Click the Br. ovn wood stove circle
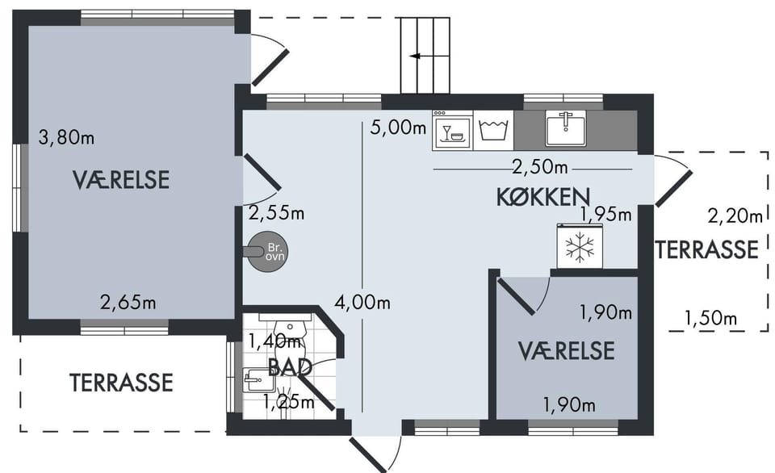pyautogui.click(x=267, y=252)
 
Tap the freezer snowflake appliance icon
pyautogui.click(x=580, y=245)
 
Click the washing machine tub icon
pyautogui.click(x=493, y=130)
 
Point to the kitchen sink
pyautogui.click(x=565, y=128)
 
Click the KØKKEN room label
pyautogui.click(x=543, y=197)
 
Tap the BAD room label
pyautogui.click(x=290, y=367)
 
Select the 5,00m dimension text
pyautogui.click(x=398, y=128)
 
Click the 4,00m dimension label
pyautogui.click(x=362, y=302)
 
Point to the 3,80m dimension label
pyautogui.click(x=66, y=137)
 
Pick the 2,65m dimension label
pyautogui.click(x=128, y=302)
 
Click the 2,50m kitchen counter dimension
pyautogui.click(x=540, y=167)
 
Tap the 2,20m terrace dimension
pyautogui.click(x=735, y=216)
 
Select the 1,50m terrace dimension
pyautogui.click(x=710, y=318)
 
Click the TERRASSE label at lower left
pyautogui.click(x=121, y=383)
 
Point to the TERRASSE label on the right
pyautogui.click(x=707, y=249)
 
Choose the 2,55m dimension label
pyautogui.click(x=276, y=214)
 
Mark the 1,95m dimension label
pyautogui.click(x=606, y=215)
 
